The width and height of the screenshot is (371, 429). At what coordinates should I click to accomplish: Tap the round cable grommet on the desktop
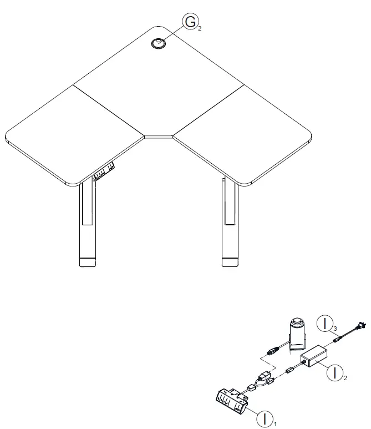(159, 44)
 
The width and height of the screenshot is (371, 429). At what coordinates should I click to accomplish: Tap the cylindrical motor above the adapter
(299, 332)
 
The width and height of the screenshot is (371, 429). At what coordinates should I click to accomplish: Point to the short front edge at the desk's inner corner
(159, 135)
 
